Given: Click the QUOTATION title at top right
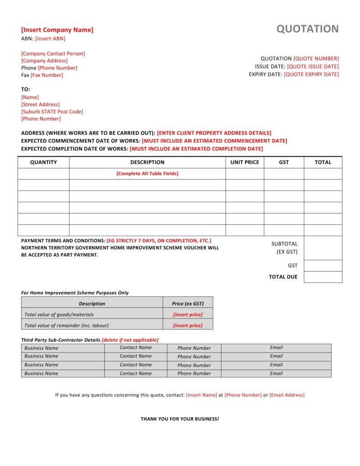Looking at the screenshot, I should pos(307,29).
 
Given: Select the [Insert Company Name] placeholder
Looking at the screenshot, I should pos(57,30).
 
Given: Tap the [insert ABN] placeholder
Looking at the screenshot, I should pos(50,39).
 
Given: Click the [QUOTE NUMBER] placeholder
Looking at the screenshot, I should pos(316,58).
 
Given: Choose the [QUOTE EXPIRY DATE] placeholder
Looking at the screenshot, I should pos(312,74).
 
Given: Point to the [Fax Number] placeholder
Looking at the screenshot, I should pos(47,75).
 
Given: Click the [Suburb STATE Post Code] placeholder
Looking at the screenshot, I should pos(52,111).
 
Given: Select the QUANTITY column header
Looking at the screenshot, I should pos(43,162).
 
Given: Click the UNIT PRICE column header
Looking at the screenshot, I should pos(244,162).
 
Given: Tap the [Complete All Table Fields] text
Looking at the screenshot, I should pos(147,174).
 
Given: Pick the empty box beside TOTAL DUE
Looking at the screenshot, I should pos(323,277).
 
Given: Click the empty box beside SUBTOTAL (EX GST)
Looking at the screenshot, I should pos(323,248).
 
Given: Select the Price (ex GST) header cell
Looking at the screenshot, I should pos(188,304).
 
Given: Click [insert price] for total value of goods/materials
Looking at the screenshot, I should pos(188,315).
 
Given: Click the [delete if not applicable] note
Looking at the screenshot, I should pos(130,340).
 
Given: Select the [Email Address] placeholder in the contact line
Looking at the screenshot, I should pos(287,395).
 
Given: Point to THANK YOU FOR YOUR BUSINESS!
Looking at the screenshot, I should pos(180,419).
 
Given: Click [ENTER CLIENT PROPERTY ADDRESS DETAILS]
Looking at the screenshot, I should pos(214,133).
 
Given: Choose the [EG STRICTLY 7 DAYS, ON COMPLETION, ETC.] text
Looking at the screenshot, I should pos(159,240).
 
